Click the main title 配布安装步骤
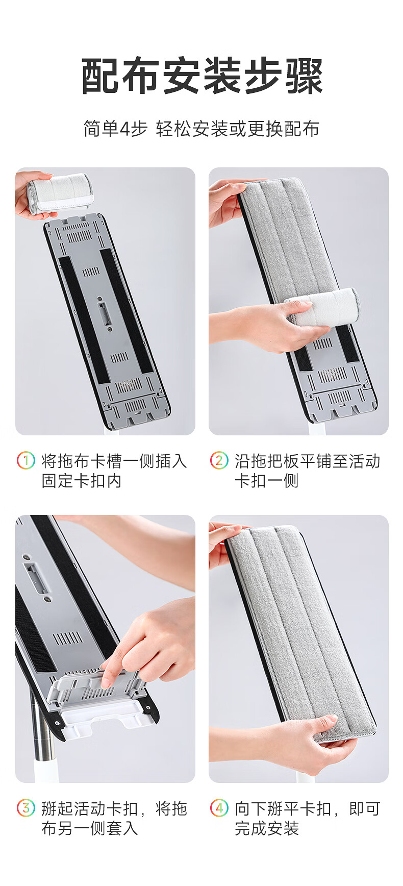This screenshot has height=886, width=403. pyautogui.click(x=202, y=77)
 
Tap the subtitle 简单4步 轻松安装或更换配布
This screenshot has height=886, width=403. pyautogui.click(x=202, y=129)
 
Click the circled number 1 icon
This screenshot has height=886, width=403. pyautogui.click(x=26, y=460)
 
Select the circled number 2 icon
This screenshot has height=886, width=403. pyautogui.click(x=219, y=460)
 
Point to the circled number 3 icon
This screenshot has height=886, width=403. pyautogui.click(x=26, y=808)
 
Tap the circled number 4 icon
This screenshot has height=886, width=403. pyautogui.click(x=219, y=808)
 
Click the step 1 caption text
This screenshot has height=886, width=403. pyautogui.click(x=114, y=471)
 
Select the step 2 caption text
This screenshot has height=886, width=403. pyautogui.click(x=308, y=471)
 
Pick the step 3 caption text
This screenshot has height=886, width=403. pyautogui.click(x=114, y=818)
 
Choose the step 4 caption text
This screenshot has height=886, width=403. pyautogui.click(x=308, y=818)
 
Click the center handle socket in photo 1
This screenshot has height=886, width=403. pyautogui.click(x=104, y=313)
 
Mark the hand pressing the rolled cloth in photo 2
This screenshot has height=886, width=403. pyautogui.click(x=265, y=327)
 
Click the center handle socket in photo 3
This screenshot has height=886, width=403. pyautogui.click(x=37, y=577)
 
